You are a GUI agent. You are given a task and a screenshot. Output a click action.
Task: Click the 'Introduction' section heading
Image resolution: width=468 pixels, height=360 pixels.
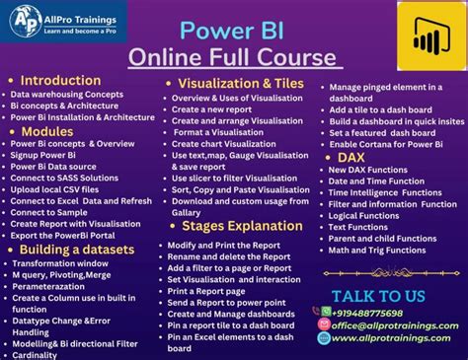pyautogui.click(x=60, y=80)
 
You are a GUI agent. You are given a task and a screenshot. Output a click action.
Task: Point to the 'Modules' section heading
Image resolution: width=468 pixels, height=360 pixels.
pyautogui.click(x=47, y=130)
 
